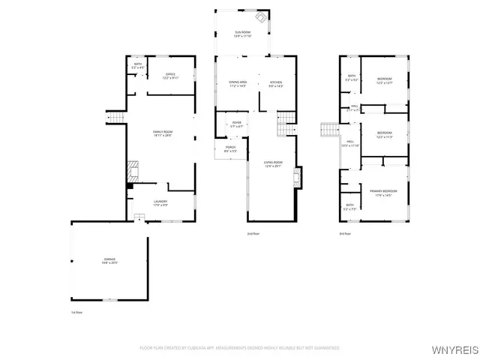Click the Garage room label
coord(110,261)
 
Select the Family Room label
coord(163,133)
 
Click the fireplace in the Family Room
coord(131,169)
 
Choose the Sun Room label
coord(241,34)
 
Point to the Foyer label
coord(236,124)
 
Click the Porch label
coord(230,149)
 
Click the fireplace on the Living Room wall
coord(298,178)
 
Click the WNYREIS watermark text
coord(452,349)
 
